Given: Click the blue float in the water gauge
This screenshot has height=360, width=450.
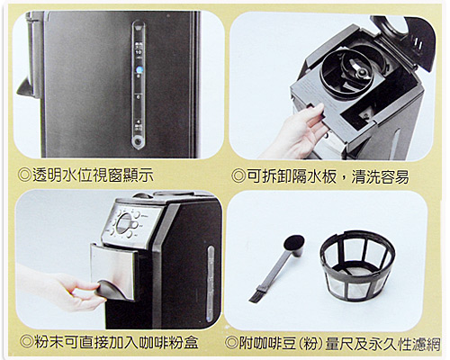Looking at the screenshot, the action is click(140, 70).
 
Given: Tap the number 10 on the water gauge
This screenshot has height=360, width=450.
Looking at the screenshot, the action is click(139, 52).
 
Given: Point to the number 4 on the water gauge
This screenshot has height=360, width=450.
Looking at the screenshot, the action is click(138, 121).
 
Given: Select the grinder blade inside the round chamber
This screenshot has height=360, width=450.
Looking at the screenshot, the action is click(359, 71).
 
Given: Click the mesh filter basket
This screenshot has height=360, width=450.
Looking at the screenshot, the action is click(358, 265).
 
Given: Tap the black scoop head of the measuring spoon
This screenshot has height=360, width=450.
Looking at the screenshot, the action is click(294, 243).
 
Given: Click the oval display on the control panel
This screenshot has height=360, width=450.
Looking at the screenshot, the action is click(124, 223).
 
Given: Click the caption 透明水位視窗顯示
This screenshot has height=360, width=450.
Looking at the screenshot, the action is click(93, 175).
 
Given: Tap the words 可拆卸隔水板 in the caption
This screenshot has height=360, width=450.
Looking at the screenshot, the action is click(292, 176).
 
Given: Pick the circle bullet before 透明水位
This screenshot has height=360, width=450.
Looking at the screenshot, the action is click(24, 175).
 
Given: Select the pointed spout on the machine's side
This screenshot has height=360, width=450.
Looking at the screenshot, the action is click(25, 86).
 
